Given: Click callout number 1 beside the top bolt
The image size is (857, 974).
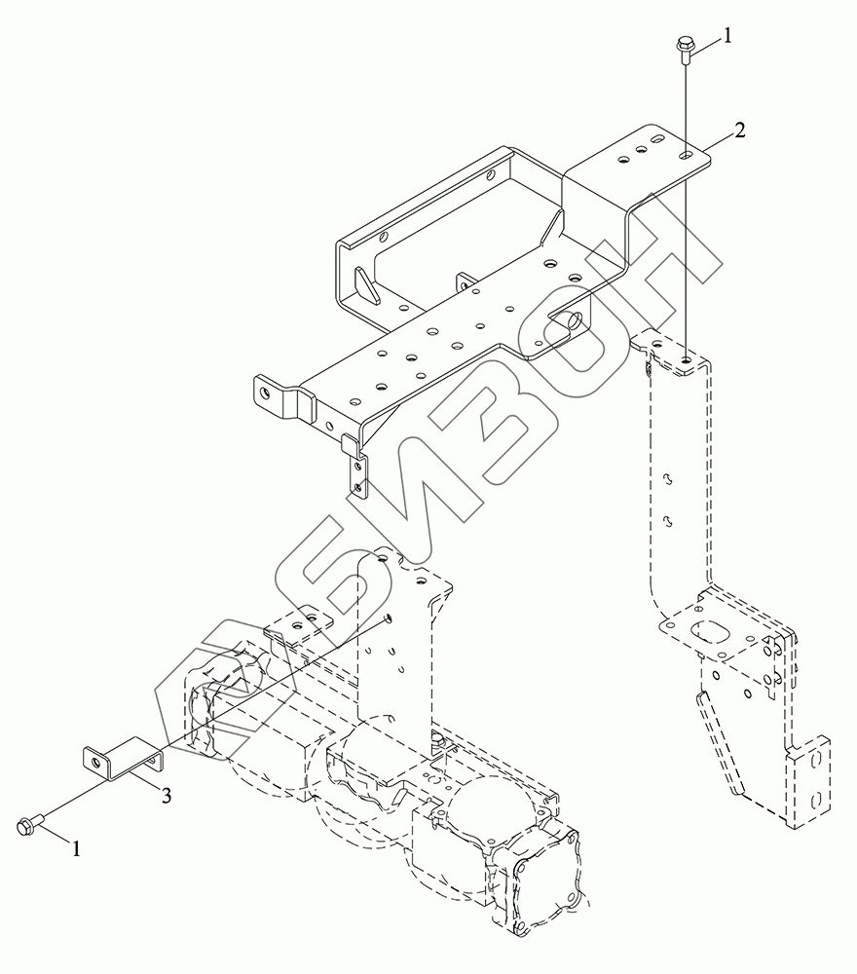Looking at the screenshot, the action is (x=727, y=38).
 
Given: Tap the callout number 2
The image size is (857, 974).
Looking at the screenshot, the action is (x=741, y=131).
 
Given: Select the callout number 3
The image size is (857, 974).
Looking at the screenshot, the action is (x=167, y=796).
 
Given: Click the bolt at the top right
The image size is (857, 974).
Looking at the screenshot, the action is (x=685, y=48).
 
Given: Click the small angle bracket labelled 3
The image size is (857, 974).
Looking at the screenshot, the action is (x=121, y=761).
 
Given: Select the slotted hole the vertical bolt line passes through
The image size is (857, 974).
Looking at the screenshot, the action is (x=687, y=155).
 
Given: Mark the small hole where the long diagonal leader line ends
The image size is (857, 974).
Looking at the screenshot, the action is (x=388, y=616).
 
